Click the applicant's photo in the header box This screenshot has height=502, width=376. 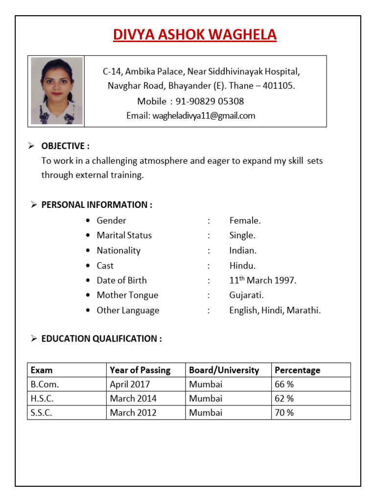pos(56,91)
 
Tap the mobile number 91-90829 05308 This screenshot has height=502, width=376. pos(210,101)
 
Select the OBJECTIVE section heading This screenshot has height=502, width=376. pos(65,146)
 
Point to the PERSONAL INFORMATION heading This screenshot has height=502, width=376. pos(96,205)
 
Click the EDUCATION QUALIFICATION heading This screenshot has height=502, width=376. pos(101,338)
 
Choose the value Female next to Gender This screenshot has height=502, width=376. pos(245,221)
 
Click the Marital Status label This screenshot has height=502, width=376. pos(124,235)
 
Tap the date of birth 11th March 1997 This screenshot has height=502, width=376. pos(263,280)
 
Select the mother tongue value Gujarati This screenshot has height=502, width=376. pos(246,295)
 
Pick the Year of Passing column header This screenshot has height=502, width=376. pos(140,370)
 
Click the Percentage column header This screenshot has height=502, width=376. pos(297,370)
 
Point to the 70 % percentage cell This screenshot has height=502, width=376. pos(284,413)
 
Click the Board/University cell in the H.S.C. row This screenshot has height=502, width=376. pos(206,399)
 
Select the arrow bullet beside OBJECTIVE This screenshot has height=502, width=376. pos(31,146)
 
